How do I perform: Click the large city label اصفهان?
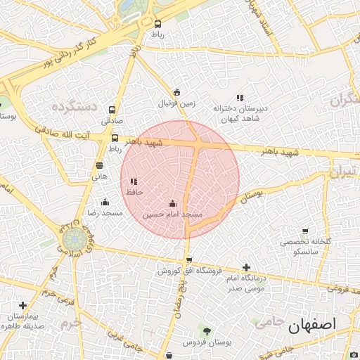(x=314, y=325)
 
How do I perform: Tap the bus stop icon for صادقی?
(x=112, y=110)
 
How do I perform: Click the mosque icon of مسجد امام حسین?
(x=172, y=203)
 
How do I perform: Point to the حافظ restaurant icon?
(x=133, y=181)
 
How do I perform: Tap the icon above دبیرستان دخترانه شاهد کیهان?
(x=240, y=98)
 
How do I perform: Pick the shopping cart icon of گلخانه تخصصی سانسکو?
(x=304, y=231)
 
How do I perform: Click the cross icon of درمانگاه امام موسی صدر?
(x=246, y=267)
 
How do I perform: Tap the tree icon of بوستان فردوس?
(x=206, y=331)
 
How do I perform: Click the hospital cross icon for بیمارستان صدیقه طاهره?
(x=23, y=306)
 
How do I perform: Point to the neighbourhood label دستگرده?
(x=73, y=107)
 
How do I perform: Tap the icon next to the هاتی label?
(x=99, y=166)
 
